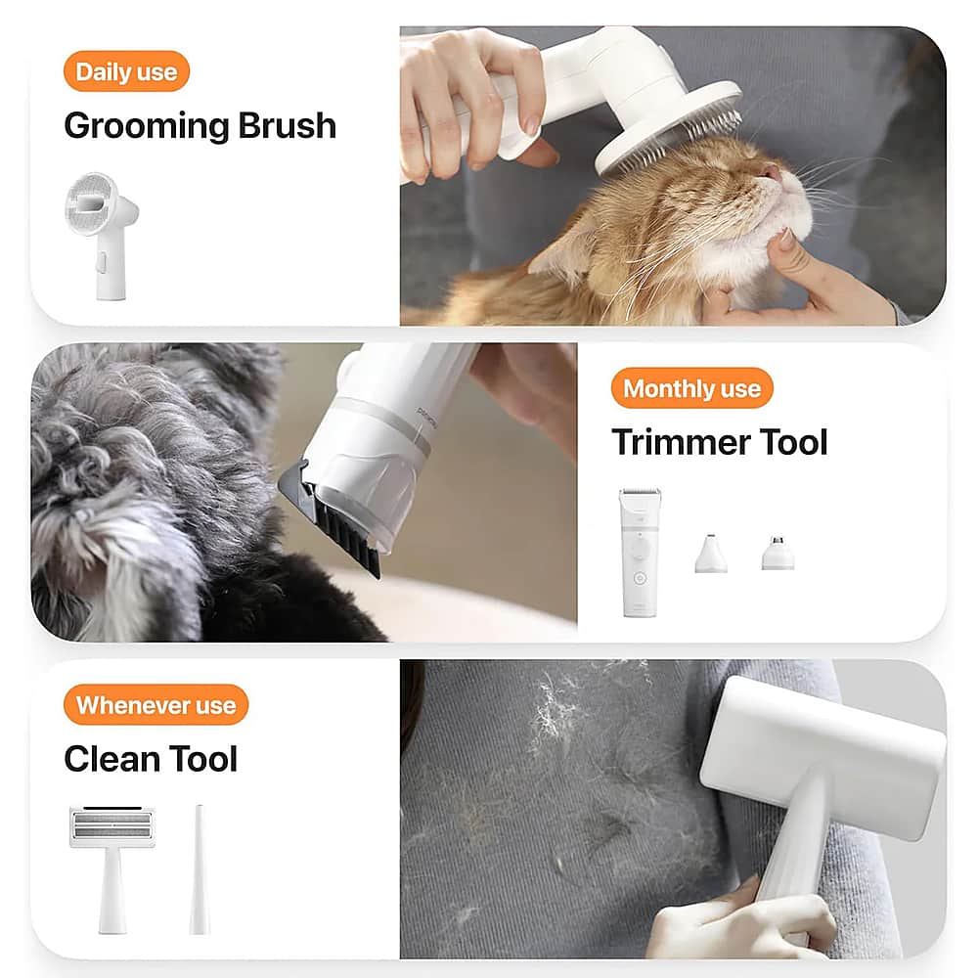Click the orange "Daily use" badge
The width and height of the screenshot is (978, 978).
(126, 72)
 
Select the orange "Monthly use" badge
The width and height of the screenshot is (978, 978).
(691, 389)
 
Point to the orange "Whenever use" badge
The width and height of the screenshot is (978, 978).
(156, 705)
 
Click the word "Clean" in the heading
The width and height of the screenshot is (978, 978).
(107, 759)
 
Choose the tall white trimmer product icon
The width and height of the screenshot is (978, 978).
(641, 553)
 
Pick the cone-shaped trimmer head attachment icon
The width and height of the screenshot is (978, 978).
(711, 555)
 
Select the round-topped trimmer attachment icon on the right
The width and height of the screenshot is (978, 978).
(778, 554)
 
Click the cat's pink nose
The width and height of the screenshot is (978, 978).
(772, 174)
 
